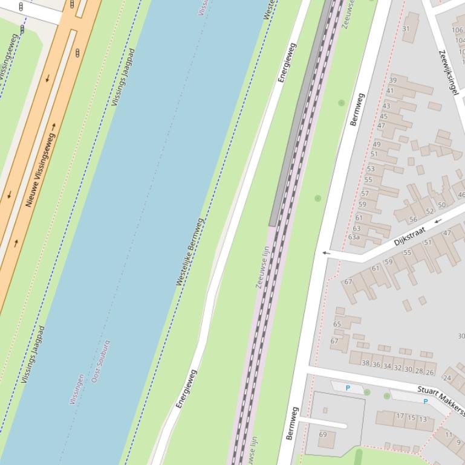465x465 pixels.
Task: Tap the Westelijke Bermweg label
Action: tap(189, 251)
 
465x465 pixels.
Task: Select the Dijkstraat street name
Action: tap(409, 236)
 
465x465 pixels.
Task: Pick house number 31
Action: tap(406, 29)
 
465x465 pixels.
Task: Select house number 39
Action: tap(393, 80)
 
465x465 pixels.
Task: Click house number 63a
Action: tap(354, 237)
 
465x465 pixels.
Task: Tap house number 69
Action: tap(323, 435)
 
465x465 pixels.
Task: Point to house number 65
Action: tap(337, 324)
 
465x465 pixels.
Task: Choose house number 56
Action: tap(413, 219)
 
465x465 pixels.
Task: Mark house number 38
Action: tap(365, 363)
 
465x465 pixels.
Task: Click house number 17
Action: tap(400, 416)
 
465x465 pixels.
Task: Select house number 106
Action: tap(458, 30)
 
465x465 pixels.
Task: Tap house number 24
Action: tap(447, 378)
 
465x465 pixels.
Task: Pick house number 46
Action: tap(461, 195)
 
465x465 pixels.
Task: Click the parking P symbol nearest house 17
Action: tap(425, 402)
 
